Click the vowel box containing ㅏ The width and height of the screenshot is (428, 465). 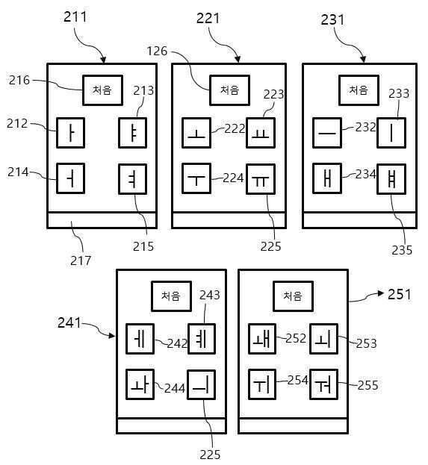tap(71, 133)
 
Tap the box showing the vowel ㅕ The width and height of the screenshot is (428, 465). tap(132, 179)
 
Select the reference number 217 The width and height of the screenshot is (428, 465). tap(81, 260)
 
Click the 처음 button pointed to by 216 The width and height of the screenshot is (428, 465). tap(102, 90)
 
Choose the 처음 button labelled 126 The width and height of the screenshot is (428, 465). tap(229, 90)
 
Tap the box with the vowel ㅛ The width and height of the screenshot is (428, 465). tap(261, 133)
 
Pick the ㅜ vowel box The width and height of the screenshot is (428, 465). tap(196, 178)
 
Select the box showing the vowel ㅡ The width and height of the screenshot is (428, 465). tap(327, 133)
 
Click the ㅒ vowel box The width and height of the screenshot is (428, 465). tap(391, 179)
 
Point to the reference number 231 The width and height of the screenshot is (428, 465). tap(332, 20)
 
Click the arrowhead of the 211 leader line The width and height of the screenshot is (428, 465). tap(103, 60)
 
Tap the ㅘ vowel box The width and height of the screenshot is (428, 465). tap(140, 384)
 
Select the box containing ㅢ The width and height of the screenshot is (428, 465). tap(201, 385)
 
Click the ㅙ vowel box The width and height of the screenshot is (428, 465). tap(262, 339)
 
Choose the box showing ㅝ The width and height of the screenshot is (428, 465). tap(324, 384)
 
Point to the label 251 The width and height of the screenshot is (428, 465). tap(400, 295)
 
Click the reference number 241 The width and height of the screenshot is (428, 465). tap(69, 322)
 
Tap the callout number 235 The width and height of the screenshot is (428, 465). tap(402, 250)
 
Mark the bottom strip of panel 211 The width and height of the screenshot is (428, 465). tap(102, 220)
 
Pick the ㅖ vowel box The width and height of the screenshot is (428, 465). tap(202, 339)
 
